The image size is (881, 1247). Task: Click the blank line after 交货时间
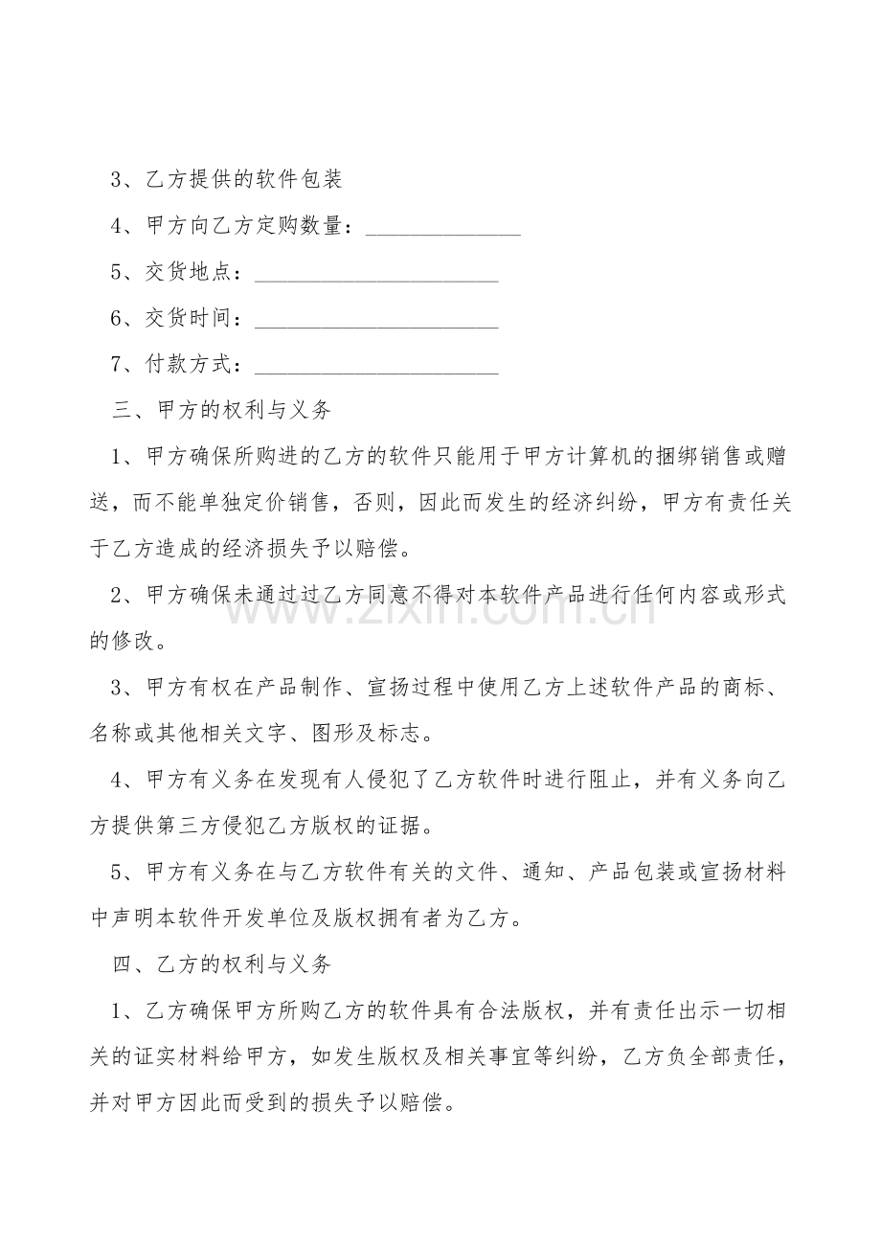click(x=376, y=319)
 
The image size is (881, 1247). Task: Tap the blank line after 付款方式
click(x=376, y=365)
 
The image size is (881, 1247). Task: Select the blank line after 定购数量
click(x=443, y=227)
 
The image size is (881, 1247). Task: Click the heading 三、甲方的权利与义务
click(x=222, y=411)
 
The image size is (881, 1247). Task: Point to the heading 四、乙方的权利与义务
click(x=222, y=964)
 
